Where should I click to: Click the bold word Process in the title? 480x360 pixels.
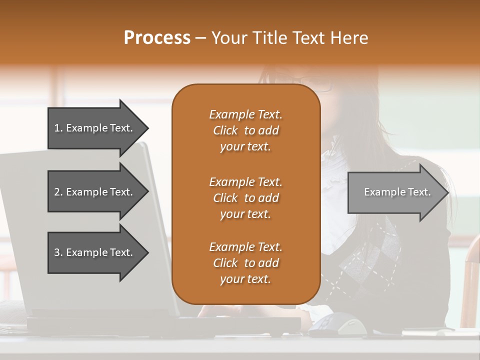coord(157,38)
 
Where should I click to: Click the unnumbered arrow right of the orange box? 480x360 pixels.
coord(395,192)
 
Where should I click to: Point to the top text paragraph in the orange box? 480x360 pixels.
coord(245,130)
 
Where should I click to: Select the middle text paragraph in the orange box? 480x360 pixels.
coord(245,198)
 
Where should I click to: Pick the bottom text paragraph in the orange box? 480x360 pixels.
coord(245,263)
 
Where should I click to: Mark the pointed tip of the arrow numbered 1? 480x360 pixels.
coord(147,128)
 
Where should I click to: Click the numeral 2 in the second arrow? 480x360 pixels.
coord(57,192)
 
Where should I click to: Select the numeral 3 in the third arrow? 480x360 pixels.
coord(57,253)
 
